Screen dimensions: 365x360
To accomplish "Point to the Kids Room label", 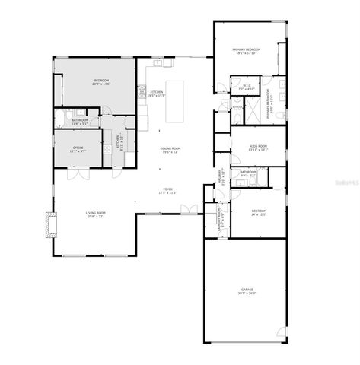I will point(259,145).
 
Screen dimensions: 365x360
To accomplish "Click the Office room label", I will point(78,147).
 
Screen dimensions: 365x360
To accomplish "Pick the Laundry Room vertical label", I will point(219,220).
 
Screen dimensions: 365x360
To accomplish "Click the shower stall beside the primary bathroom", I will point(250,111).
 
